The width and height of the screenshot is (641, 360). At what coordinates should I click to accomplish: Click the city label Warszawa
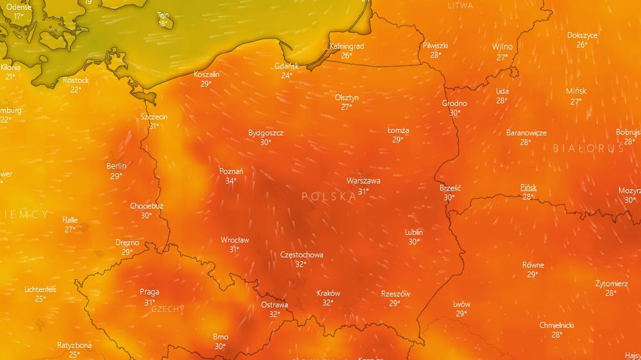(x=363, y=181)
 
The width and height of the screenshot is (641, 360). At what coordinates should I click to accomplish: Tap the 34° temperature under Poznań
(x=231, y=181)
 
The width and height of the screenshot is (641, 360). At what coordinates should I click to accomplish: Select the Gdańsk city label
(x=286, y=66)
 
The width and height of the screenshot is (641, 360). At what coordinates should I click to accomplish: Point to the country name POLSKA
(x=329, y=197)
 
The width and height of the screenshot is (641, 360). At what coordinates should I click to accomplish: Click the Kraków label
(x=329, y=293)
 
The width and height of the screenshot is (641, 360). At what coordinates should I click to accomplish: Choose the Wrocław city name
(x=235, y=240)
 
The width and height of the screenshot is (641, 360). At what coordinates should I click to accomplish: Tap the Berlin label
(x=116, y=166)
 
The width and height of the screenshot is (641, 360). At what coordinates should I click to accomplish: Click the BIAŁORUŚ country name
(x=588, y=148)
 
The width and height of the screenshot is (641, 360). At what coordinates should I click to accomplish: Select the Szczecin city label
(x=154, y=117)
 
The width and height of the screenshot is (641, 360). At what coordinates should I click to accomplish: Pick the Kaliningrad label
(x=346, y=46)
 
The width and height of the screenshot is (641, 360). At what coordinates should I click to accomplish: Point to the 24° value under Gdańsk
(x=286, y=75)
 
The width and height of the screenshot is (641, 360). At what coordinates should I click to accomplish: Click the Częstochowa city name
(x=302, y=255)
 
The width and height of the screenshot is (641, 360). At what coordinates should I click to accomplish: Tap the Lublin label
(x=414, y=232)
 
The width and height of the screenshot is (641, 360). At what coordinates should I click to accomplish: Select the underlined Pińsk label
(x=528, y=187)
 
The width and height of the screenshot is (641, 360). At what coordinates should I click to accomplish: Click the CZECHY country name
(x=167, y=309)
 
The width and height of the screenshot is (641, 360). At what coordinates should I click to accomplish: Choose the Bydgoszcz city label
(x=266, y=133)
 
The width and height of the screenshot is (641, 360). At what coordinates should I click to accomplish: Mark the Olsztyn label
(x=346, y=98)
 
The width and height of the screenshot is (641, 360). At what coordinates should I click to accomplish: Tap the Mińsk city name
(x=576, y=91)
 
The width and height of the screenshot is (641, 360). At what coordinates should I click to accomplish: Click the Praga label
(x=150, y=292)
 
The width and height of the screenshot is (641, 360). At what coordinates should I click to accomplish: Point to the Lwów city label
(x=461, y=304)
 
